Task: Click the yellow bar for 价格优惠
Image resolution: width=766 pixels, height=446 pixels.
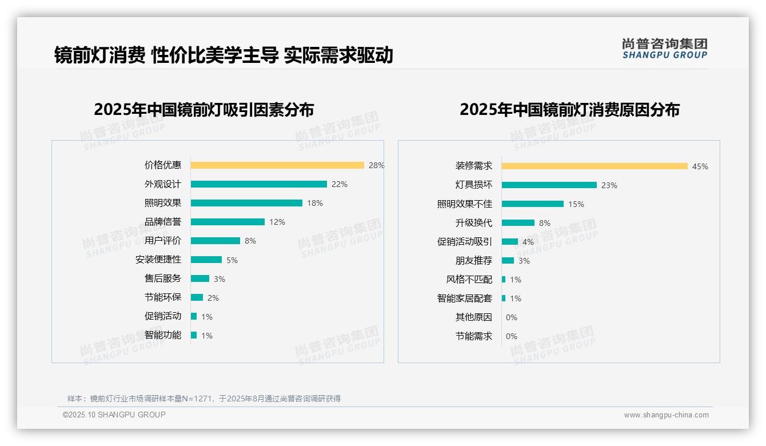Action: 277,165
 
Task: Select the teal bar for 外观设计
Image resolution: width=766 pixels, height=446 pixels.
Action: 258,184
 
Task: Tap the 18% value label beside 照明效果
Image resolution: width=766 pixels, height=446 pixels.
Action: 315,203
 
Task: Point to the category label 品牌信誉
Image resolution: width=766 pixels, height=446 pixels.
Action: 163,222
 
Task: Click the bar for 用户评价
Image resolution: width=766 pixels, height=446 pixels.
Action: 216,241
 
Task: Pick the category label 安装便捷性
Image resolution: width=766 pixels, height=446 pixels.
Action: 158,260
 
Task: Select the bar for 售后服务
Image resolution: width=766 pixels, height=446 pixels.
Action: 200,278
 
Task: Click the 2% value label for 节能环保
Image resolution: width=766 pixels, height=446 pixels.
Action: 213,298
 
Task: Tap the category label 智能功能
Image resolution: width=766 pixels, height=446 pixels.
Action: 163,335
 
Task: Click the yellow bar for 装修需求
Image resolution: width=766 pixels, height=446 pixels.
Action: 595,166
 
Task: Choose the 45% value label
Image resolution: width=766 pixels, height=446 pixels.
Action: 700,167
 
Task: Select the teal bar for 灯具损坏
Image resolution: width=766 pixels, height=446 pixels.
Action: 549,185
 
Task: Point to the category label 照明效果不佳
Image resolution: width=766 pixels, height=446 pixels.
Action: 465,204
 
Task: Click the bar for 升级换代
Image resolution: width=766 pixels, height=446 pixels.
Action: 518,223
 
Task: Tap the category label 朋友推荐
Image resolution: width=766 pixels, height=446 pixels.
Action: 474,261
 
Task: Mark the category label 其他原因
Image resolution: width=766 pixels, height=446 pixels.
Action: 474,317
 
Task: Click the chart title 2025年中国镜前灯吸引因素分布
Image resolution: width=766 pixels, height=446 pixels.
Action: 204,110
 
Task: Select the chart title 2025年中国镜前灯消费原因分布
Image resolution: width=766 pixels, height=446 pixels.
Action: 569,110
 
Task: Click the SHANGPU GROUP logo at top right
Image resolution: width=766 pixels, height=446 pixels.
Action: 665,49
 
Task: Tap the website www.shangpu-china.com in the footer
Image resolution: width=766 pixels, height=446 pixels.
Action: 666,415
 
